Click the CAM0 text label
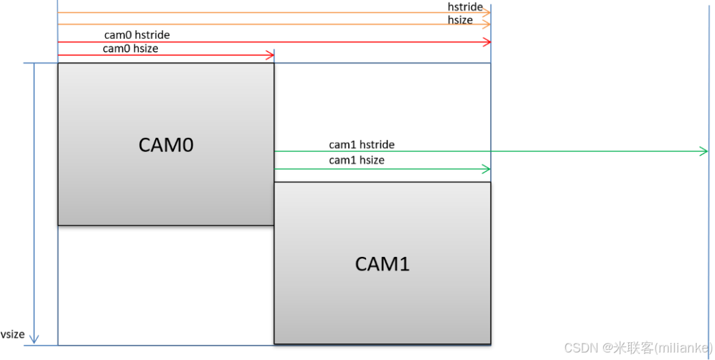point(166,145)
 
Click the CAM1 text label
point(382,264)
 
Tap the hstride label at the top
point(465,7)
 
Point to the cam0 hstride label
point(137,35)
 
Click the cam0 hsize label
point(130,49)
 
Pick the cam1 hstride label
point(361,145)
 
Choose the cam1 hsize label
point(356,160)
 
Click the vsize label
point(12,335)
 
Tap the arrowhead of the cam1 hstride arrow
point(705,151)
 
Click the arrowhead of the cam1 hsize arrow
point(487,169)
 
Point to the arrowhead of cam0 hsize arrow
point(270,55)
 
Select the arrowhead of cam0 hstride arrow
point(487,42)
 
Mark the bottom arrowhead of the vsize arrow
point(35,340)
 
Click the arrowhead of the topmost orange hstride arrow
point(487,13)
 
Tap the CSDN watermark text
point(638,348)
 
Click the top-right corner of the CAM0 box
point(274,64)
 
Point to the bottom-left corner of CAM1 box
point(275,343)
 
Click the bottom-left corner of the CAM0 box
point(58,225)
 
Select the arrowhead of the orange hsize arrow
point(487,25)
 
